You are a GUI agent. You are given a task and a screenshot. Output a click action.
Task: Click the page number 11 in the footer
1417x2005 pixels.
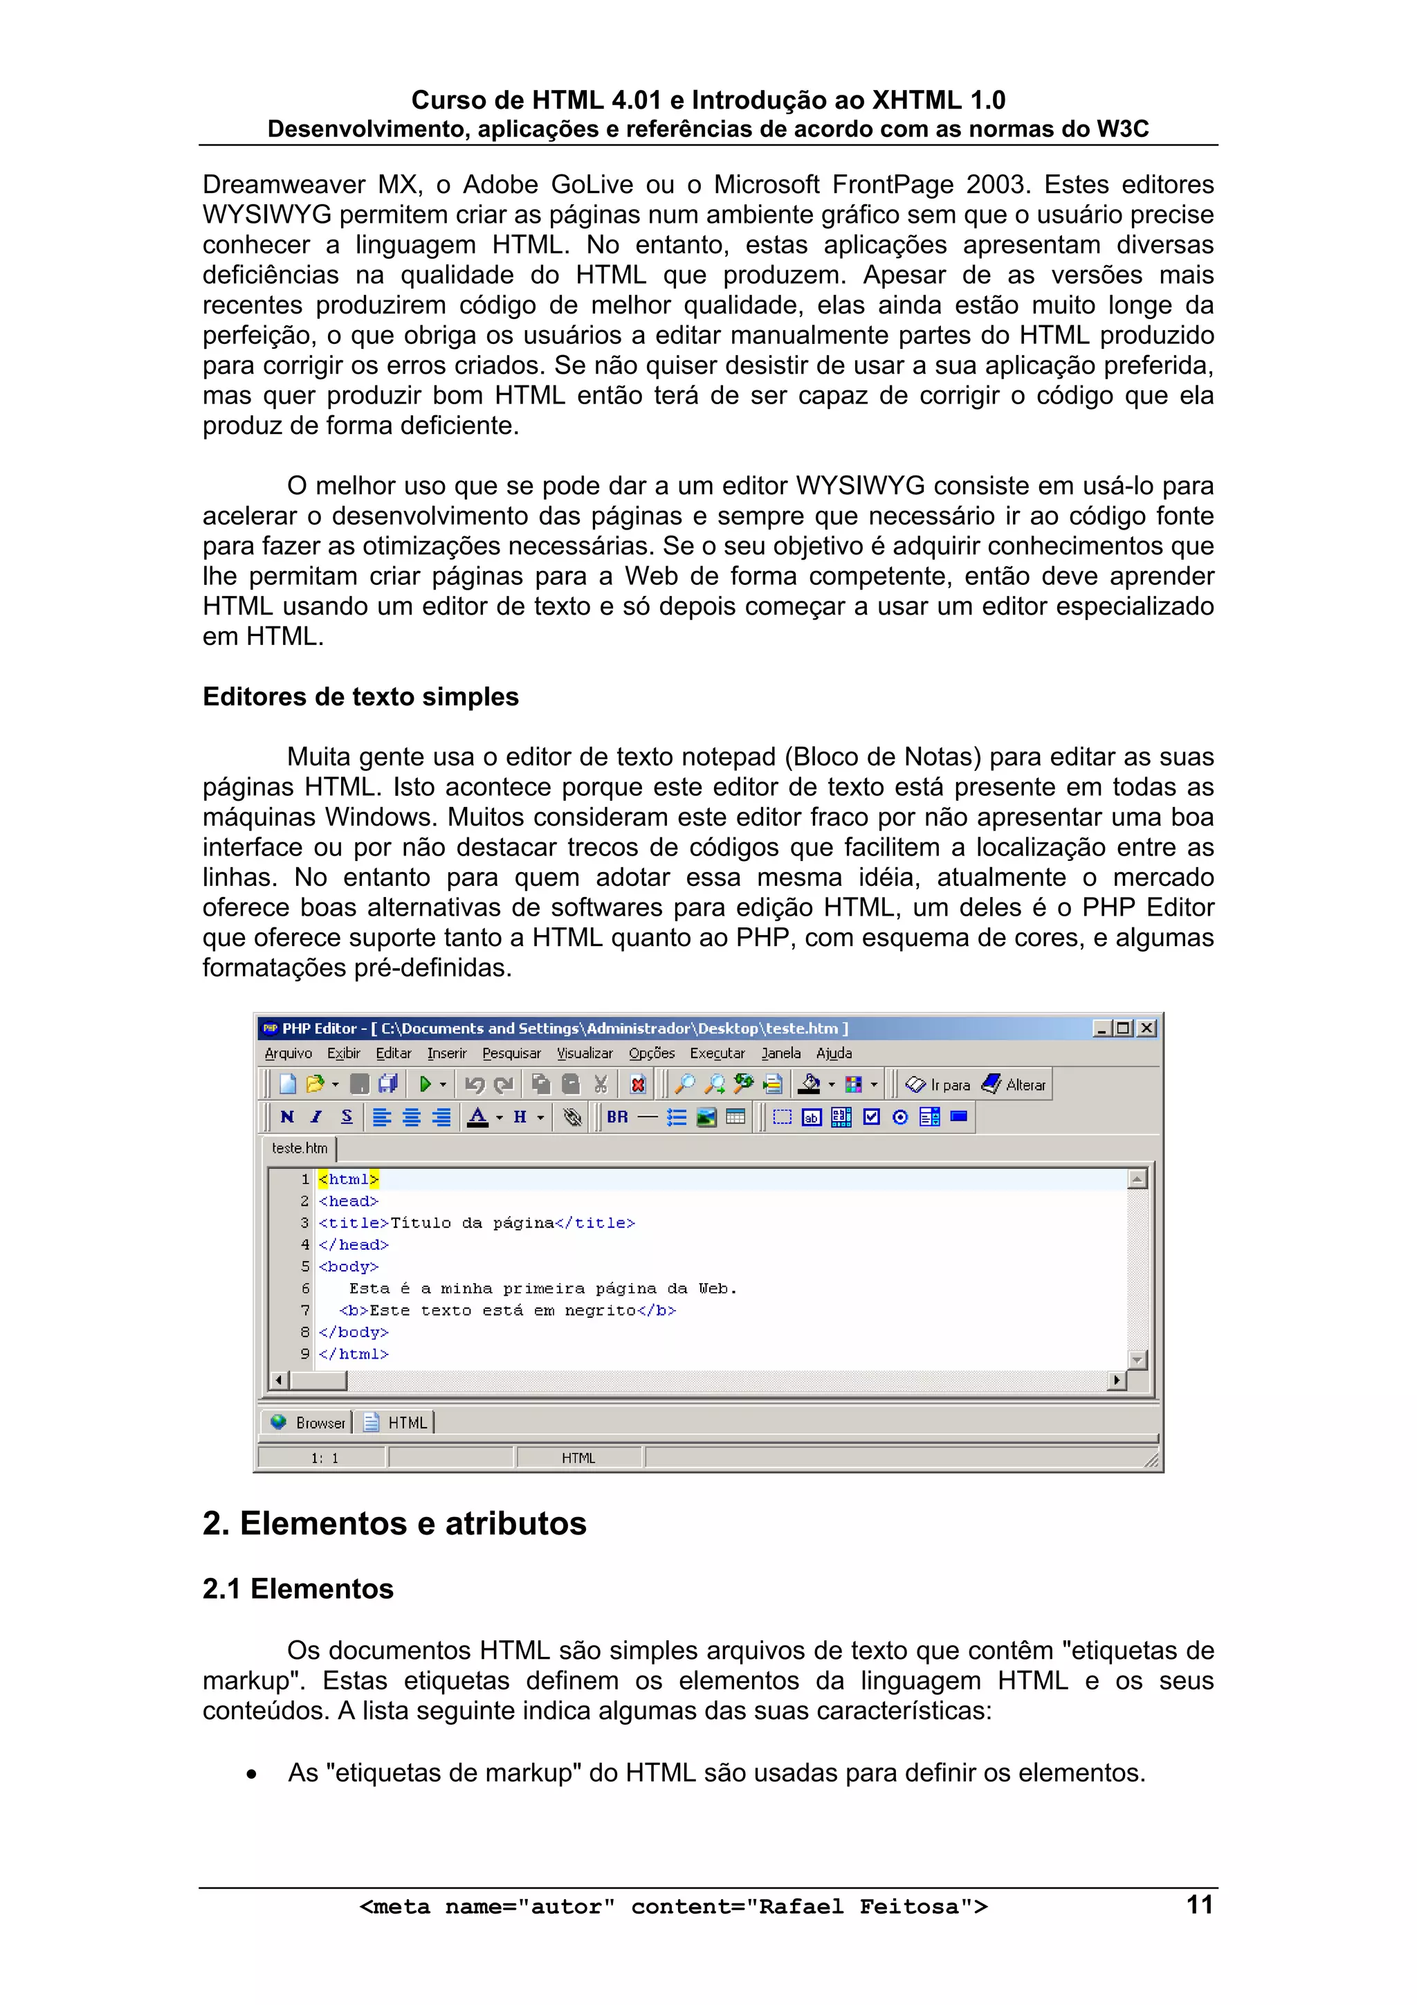coord(1200,1905)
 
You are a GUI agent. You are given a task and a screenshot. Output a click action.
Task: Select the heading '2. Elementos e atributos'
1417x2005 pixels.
coord(394,1523)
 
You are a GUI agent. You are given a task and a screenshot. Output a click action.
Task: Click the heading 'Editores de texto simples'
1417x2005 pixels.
coord(360,696)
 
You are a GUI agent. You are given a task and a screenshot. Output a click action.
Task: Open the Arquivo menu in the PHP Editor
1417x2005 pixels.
coord(288,1053)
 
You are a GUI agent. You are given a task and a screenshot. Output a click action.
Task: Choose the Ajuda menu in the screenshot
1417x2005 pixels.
coord(834,1053)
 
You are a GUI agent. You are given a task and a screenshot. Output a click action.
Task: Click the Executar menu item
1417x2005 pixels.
coord(717,1053)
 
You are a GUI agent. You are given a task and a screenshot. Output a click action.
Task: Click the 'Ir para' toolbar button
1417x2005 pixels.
coord(939,1085)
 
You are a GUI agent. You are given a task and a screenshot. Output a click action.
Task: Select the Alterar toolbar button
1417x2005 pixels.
coord(1014,1085)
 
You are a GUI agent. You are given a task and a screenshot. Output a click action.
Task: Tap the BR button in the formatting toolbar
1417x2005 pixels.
coord(617,1117)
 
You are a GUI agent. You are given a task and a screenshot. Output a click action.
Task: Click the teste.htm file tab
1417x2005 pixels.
coord(300,1148)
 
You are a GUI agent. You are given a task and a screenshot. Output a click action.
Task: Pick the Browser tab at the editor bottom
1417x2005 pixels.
coord(309,1422)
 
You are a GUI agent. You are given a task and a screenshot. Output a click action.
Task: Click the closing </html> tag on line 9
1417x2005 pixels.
coord(354,1354)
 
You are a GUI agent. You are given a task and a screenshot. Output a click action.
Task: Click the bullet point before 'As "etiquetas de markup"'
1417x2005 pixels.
coord(251,1774)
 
